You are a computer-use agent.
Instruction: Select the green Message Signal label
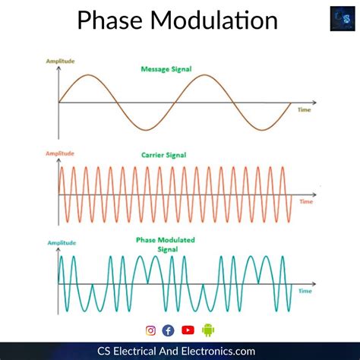(166, 69)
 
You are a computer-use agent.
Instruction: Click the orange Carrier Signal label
(164, 155)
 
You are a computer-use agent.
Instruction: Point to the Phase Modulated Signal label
(165, 244)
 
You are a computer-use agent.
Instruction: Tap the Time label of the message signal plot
(304, 110)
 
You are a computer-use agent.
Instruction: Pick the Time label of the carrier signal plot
(305, 202)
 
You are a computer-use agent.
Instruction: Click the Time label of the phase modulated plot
(305, 291)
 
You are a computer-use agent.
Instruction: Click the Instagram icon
(150, 330)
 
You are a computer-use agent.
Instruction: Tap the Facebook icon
(168, 330)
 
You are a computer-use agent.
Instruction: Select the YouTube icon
(188, 330)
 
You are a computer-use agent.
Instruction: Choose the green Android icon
(208, 330)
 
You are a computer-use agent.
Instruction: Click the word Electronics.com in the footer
(232, 349)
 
